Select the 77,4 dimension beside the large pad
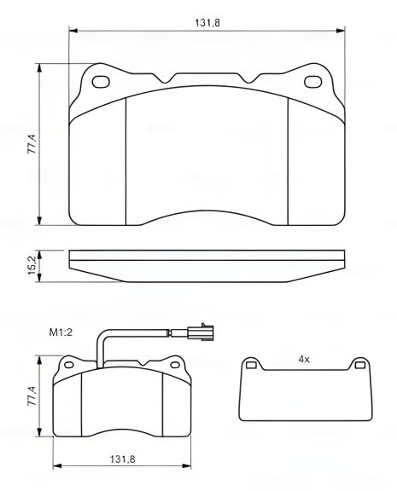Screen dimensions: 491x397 point(32,145)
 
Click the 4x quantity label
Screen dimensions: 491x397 point(303,359)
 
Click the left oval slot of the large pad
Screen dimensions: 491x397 point(101,83)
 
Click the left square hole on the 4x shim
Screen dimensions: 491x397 point(251,367)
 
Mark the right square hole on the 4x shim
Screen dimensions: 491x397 point(359,367)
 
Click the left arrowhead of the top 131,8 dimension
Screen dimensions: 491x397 point(72,31)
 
